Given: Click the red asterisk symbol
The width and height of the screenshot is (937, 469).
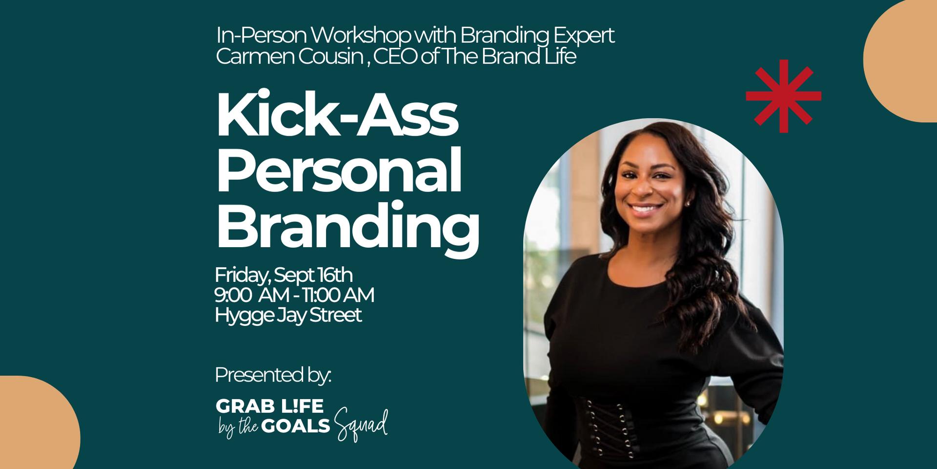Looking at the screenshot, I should pos(783,96).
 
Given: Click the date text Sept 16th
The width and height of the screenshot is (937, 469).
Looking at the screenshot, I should pos(313,276).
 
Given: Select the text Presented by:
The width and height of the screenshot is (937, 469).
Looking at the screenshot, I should pos(273,375).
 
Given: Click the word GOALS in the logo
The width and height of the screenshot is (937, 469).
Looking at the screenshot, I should pos(296,426).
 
